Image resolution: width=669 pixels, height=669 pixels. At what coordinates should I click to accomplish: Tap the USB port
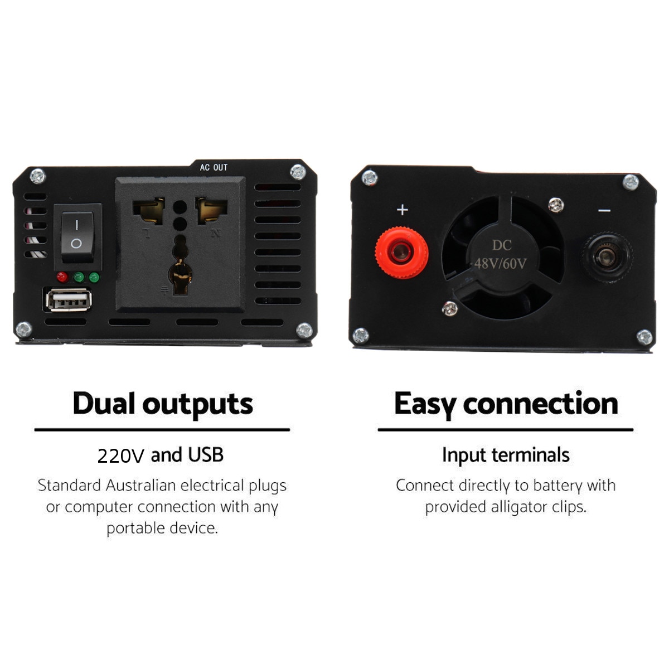coord(69,300)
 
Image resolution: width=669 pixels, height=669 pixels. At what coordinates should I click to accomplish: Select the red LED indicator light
coord(62,277)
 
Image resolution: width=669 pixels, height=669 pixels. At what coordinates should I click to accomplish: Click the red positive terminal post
coord(401,253)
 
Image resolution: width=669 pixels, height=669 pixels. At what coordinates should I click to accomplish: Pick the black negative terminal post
coord(607,257)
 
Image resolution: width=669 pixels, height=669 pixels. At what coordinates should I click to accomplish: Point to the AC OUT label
coord(214,167)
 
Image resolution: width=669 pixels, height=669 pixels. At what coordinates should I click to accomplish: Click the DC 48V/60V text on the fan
coord(501,255)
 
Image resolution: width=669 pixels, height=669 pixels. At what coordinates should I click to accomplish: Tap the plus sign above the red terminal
coord(403,210)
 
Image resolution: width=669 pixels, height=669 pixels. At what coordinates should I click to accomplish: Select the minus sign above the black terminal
coord(604,211)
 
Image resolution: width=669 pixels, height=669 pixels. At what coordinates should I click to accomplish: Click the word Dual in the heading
coord(104,404)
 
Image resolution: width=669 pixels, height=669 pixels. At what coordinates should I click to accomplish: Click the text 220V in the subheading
coord(120,455)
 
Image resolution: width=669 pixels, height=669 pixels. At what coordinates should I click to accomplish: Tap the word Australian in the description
coord(140,486)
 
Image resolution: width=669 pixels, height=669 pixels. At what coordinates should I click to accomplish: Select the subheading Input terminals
coord(506,455)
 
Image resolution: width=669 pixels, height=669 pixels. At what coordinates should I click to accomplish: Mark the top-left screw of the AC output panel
coord(37,176)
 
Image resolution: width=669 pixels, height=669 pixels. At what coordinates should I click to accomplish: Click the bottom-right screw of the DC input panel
coord(644,337)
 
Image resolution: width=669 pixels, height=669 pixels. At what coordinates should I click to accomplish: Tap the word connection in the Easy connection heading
coord(540,404)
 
